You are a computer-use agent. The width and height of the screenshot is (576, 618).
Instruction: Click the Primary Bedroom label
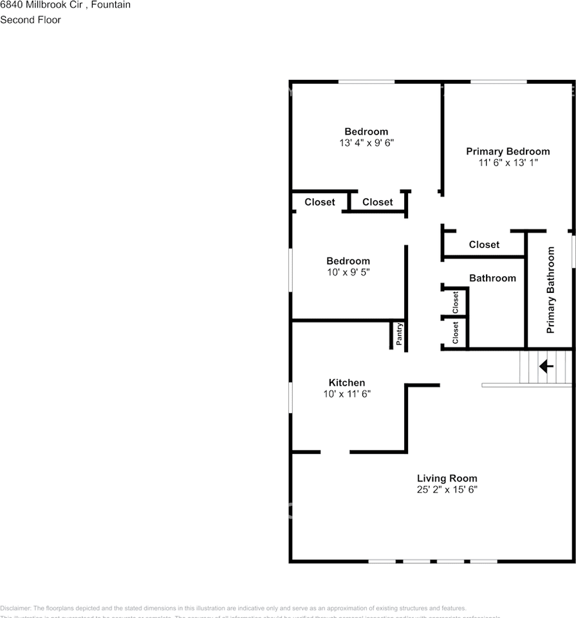click(x=508, y=152)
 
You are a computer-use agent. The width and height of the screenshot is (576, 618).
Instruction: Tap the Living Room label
click(x=447, y=478)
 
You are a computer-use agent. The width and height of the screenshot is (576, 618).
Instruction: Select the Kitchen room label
click(x=346, y=383)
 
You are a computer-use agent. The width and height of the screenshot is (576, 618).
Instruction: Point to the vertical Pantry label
click(x=399, y=334)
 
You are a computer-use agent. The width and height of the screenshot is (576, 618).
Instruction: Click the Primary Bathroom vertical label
click(x=550, y=290)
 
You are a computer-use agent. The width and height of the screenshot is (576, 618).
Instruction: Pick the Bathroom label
click(x=492, y=278)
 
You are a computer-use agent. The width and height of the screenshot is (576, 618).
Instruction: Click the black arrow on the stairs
click(x=546, y=366)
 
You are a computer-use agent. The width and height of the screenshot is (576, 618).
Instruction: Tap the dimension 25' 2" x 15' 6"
click(x=447, y=490)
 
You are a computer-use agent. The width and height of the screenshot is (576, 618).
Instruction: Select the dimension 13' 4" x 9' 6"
click(x=366, y=144)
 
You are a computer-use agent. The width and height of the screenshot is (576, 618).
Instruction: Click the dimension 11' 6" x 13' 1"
click(x=508, y=164)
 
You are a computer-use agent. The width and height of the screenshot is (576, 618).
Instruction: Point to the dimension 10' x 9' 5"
click(x=348, y=272)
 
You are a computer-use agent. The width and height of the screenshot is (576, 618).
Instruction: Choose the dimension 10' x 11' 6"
click(x=346, y=394)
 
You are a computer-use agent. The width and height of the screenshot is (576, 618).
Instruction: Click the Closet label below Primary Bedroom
click(x=484, y=245)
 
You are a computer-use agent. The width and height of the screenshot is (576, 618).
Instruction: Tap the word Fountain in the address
click(x=111, y=5)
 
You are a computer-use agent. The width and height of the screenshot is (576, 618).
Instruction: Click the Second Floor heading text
click(x=30, y=20)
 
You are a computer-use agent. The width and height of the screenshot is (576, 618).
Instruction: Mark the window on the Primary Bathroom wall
click(x=573, y=248)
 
